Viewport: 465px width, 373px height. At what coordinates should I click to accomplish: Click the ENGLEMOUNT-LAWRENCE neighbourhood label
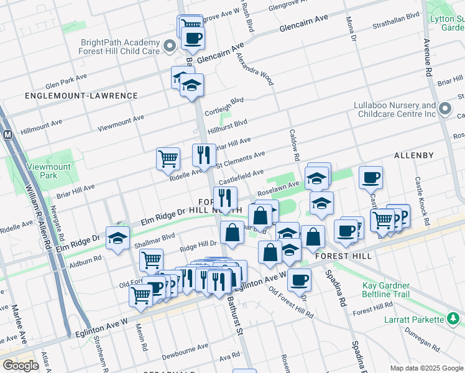click(81, 96)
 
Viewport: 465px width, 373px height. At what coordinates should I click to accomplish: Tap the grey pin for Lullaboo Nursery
click(444, 110)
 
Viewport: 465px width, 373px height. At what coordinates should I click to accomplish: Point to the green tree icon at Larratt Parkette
click(454, 320)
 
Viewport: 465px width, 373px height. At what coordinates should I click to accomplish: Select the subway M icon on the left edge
click(8, 134)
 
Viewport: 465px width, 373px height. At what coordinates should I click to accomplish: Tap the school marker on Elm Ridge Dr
click(117, 238)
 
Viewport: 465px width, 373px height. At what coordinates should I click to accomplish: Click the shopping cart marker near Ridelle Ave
click(168, 159)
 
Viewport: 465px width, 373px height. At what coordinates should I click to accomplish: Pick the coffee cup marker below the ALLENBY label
click(371, 178)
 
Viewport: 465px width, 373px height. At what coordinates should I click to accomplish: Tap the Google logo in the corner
click(21, 366)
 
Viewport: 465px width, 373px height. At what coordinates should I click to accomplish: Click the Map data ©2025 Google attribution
click(426, 368)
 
